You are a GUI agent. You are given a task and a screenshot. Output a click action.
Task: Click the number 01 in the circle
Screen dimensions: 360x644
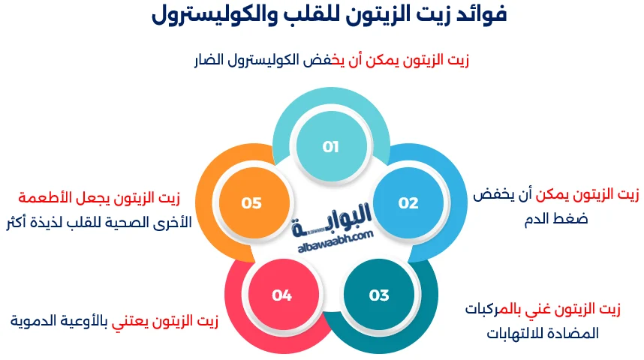pyautogui.click(x=330, y=147)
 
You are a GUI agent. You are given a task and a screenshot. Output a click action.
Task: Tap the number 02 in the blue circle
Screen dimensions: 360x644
pyautogui.click(x=408, y=202)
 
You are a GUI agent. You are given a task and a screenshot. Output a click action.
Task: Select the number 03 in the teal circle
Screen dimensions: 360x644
pyautogui.click(x=379, y=295)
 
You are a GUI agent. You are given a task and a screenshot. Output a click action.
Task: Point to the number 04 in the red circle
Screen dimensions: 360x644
pyautogui.click(x=282, y=295)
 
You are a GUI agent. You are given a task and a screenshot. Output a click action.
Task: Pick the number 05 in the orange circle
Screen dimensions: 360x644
pyautogui.click(x=251, y=202)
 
